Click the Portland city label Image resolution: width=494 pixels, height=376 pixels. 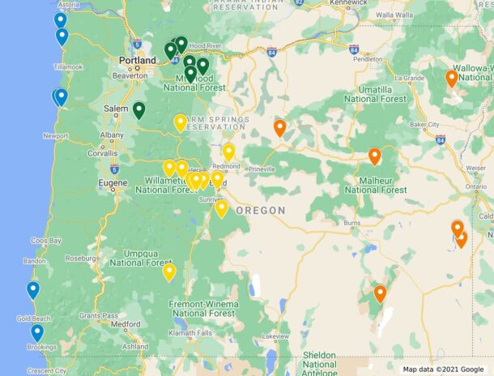pos(137,60)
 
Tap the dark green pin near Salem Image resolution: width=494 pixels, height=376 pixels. pos(139,109)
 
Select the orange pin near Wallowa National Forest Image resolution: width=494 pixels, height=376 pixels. pos(452,78)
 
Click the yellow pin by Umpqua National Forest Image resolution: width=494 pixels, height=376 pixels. pos(169,271)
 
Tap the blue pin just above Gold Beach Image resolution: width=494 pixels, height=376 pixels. pos(33,289)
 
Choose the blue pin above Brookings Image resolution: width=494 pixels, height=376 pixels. pos(37,332)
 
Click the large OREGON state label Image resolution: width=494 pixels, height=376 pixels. pos(261,211)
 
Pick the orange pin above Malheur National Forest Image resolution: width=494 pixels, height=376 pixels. pos(374,156)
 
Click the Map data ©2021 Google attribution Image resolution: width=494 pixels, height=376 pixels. pos(444,370)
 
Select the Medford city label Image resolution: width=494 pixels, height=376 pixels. pos(126,323)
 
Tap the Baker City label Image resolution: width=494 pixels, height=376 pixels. pos(424,125)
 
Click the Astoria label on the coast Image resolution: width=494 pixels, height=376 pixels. pos(68,5)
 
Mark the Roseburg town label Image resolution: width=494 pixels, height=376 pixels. pos(82,259)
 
